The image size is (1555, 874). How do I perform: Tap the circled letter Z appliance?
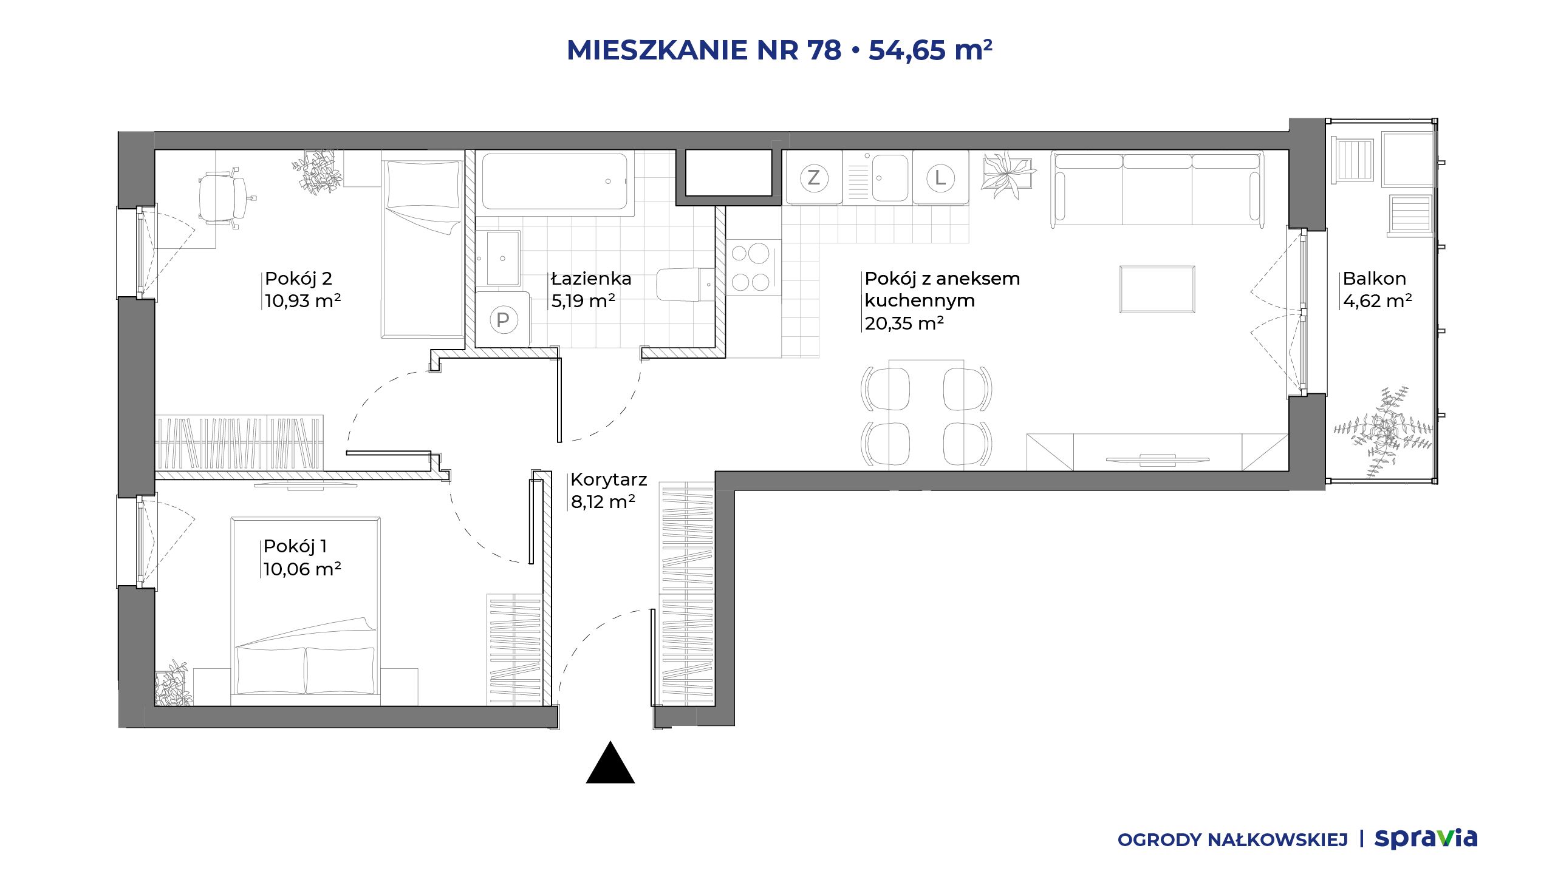click(x=814, y=178)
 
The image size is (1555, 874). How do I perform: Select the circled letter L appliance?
click(x=940, y=178)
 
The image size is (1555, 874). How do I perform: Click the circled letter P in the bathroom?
click(x=503, y=320)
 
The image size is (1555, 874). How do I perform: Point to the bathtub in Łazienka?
click(x=555, y=181)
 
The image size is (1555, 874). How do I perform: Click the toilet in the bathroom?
click(x=685, y=285)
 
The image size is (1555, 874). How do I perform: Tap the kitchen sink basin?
click(x=890, y=178)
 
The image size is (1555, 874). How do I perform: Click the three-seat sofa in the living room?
click(x=1158, y=189)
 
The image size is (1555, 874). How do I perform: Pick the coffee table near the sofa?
click(x=1157, y=290)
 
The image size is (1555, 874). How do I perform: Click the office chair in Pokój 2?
click(x=224, y=198)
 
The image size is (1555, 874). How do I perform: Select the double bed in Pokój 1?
click(x=306, y=611)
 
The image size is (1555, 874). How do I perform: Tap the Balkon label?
click(x=1375, y=279)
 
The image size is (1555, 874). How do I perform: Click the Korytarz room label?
click(x=609, y=480)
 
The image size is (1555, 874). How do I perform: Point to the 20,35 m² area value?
click(x=904, y=324)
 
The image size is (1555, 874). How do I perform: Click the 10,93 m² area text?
click(x=303, y=301)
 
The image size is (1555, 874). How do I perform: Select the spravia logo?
click(x=1426, y=839)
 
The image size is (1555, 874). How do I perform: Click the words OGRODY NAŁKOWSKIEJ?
click(x=1232, y=840)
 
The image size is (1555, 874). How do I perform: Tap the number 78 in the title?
click(x=824, y=50)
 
